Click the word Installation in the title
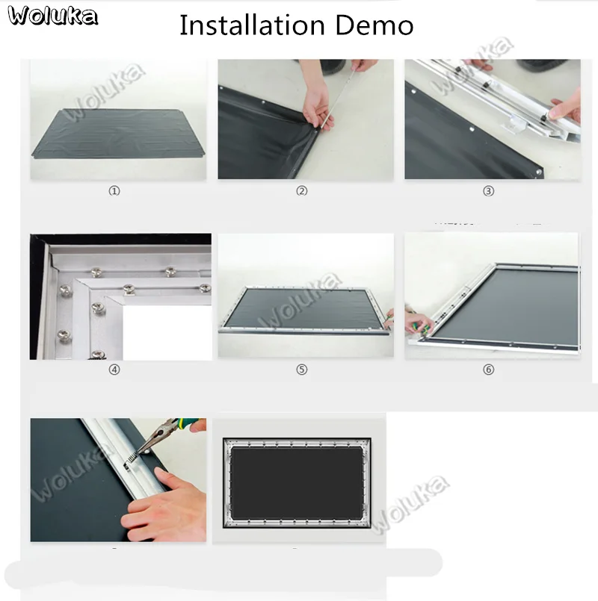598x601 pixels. [252, 25]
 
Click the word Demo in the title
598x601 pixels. [374, 25]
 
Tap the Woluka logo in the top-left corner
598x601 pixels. [52, 16]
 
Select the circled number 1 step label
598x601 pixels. [114, 191]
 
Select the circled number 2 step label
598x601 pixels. [302, 191]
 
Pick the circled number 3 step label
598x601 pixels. [488, 191]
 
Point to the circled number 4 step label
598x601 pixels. [114, 370]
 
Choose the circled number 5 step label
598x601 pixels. [302, 370]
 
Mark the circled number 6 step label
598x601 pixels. [488, 370]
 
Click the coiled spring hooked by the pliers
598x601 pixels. [132, 459]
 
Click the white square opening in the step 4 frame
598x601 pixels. [167, 332]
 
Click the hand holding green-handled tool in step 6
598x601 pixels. [419, 324]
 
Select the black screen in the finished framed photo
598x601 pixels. [297, 483]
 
